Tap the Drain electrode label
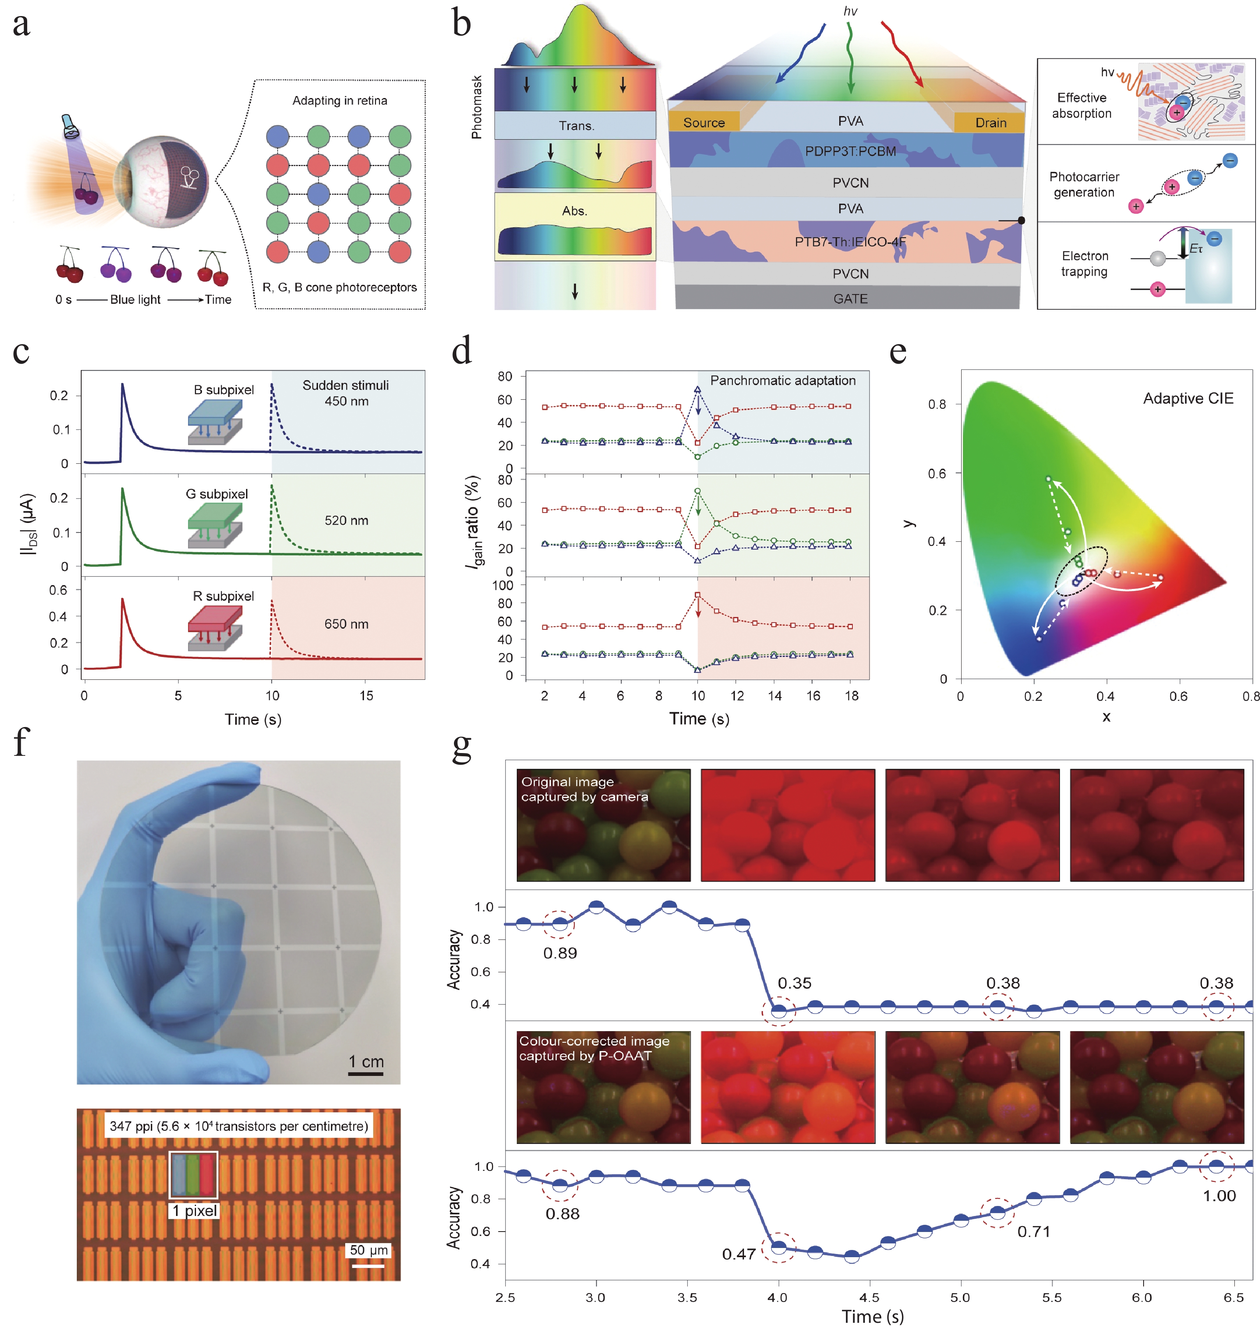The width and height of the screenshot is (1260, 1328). (991, 123)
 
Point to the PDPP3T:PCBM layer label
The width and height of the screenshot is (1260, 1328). (850, 152)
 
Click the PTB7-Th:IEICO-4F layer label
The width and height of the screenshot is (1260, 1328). (850, 242)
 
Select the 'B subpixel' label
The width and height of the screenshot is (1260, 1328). (224, 390)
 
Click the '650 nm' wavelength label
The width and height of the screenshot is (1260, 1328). (346, 624)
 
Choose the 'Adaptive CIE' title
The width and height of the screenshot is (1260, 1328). (1188, 399)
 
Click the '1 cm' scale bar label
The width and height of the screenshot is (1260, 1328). (366, 1062)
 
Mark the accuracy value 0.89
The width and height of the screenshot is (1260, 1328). (560, 953)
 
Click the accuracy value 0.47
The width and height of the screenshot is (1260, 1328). (739, 1254)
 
